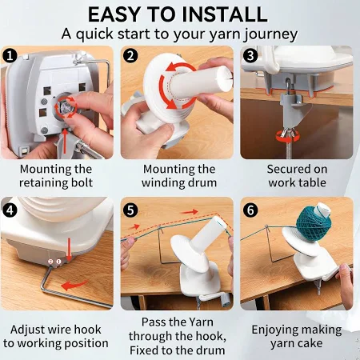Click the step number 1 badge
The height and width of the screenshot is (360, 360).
[x=10, y=56]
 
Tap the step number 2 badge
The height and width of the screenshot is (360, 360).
[x=130, y=56]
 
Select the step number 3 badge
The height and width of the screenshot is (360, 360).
[x=250, y=56]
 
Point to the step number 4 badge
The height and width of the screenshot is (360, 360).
[x=10, y=210]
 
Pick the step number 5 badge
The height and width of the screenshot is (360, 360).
[x=130, y=210]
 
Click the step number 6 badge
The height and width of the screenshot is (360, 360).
[x=250, y=210]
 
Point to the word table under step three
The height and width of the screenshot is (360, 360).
[x=311, y=182]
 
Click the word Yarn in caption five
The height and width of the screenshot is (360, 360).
[x=200, y=322]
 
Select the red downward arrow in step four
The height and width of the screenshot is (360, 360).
[x=69, y=250]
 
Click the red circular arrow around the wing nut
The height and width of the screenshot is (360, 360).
[x=287, y=137]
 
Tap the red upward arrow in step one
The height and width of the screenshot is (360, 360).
[x=65, y=142]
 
